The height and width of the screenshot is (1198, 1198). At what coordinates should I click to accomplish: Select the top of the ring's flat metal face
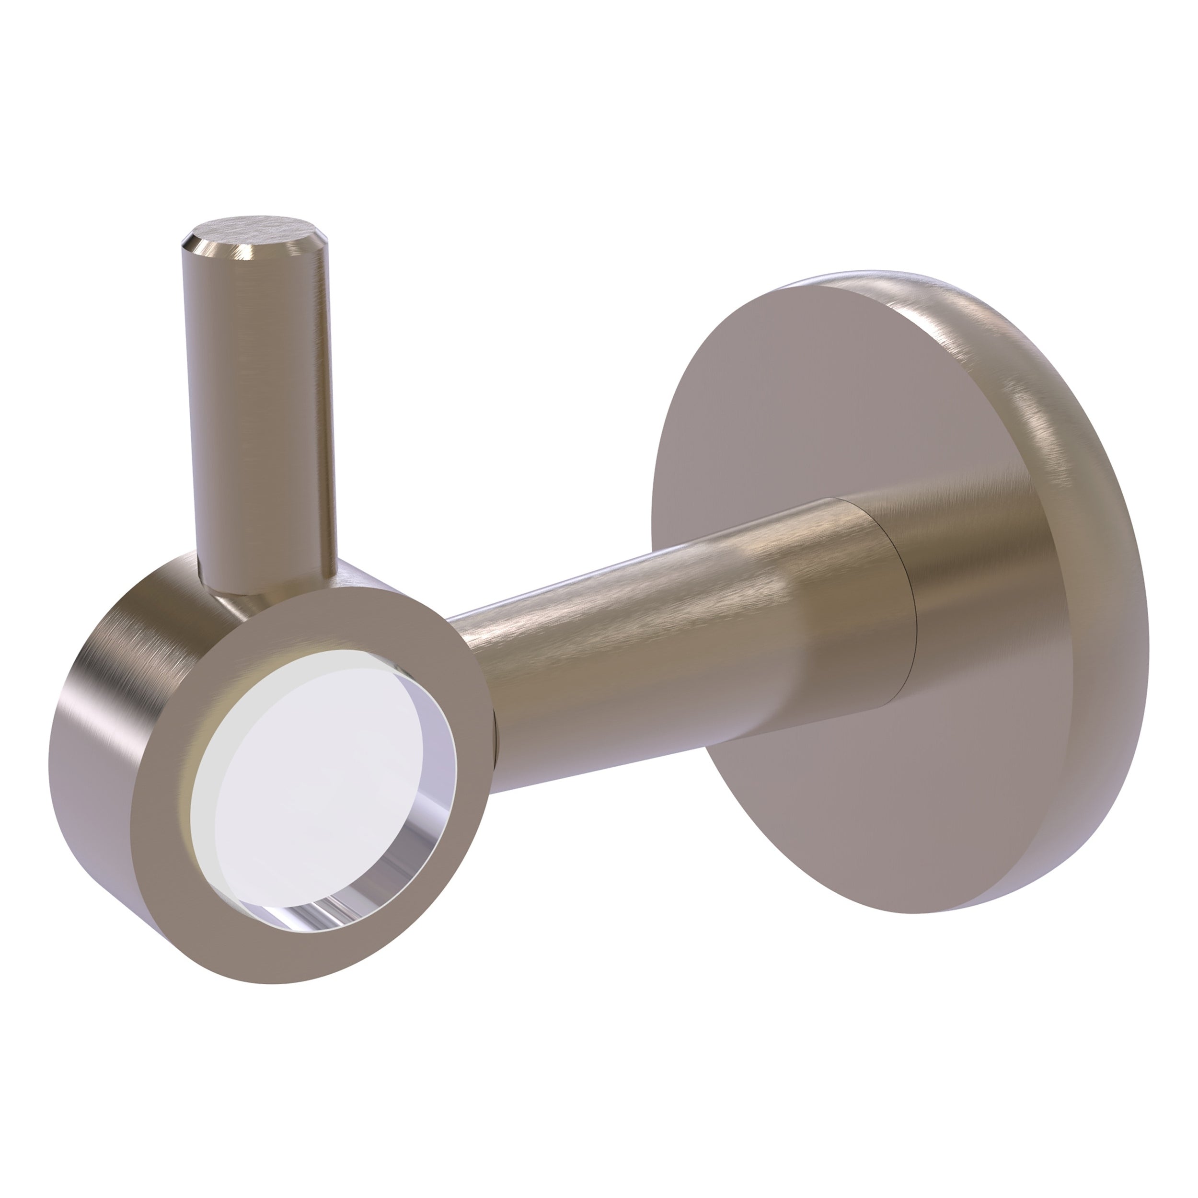[x=347, y=614]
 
